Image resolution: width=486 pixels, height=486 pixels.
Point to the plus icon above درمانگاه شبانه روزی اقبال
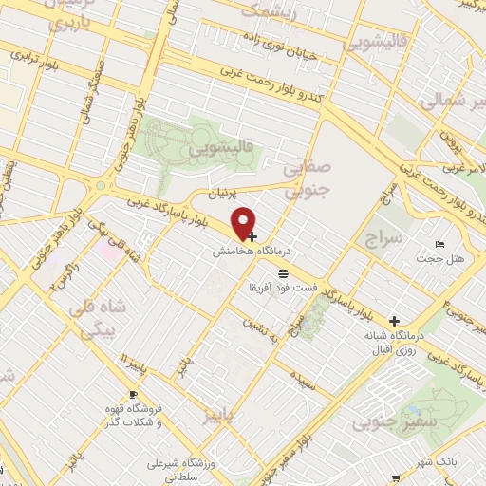[x=395, y=320]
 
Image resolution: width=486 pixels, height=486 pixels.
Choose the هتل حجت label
[x=442, y=259]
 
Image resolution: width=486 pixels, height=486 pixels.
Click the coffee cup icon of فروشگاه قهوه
[x=133, y=395]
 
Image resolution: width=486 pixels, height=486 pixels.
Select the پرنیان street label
[x=220, y=194]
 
